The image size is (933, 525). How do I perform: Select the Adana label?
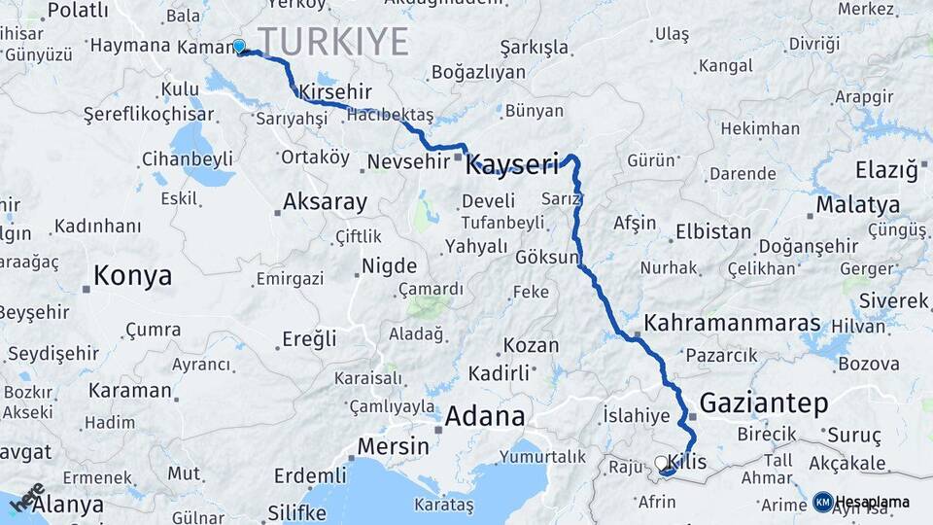point(485,417)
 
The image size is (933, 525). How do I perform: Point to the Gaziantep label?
point(763,402)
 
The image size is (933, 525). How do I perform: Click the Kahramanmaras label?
point(732,323)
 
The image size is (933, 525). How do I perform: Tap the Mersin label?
point(393,446)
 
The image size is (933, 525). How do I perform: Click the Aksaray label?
point(325,202)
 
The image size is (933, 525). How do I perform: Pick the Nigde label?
point(389,266)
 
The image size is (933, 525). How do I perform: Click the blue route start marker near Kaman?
point(239,46)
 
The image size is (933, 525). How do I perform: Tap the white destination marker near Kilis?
point(662,464)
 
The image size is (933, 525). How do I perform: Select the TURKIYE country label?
point(333,42)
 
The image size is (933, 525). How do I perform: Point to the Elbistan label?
point(713,232)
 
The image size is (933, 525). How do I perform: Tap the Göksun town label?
point(547,259)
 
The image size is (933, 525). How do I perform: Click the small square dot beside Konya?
point(86,288)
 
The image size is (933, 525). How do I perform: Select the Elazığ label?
point(885,171)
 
